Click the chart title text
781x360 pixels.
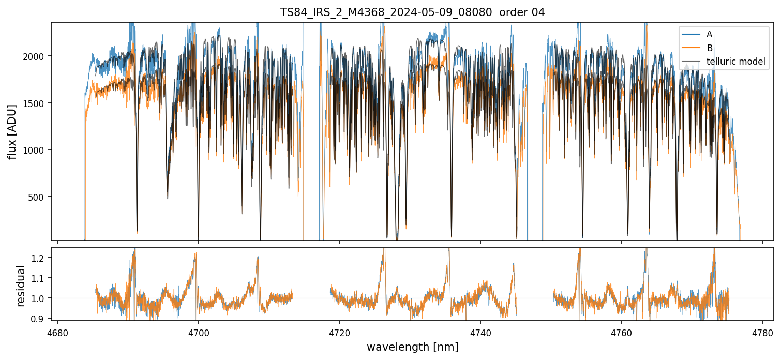click(x=412, y=12)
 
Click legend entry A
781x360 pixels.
click(x=709, y=34)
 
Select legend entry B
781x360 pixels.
click(x=709, y=48)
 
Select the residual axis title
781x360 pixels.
click(x=21, y=286)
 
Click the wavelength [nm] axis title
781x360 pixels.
click(x=412, y=347)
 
